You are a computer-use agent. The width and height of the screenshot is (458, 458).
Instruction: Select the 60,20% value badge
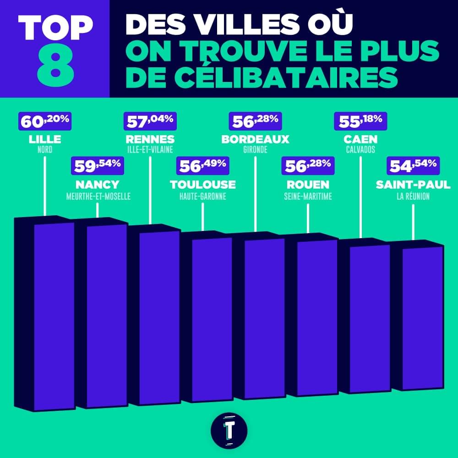click(44, 121)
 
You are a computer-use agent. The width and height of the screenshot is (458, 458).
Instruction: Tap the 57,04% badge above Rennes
click(150, 121)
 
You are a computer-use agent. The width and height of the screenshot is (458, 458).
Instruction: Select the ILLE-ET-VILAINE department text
click(150, 150)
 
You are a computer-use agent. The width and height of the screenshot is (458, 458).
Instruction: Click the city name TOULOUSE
click(203, 185)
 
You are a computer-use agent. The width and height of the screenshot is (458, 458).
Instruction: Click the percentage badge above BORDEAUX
click(255, 121)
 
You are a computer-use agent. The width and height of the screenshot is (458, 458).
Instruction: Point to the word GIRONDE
click(255, 150)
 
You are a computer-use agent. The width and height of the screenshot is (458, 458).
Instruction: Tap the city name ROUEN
click(308, 185)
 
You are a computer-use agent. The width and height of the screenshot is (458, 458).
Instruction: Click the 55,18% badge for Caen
click(360, 121)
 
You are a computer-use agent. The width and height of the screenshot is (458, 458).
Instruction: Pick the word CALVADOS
click(360, 150)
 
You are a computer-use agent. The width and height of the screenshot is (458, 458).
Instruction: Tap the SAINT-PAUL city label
click(413, 185)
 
